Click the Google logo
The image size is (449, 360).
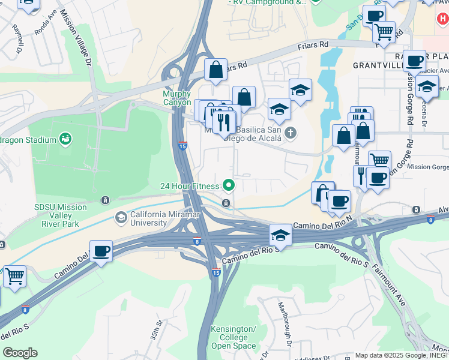(20, 353)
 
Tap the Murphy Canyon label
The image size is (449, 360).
(177, 98)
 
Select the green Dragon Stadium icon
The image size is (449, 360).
(66, 140)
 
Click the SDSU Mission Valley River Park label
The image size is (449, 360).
(60, 215)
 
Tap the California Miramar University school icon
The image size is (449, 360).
(121, 216)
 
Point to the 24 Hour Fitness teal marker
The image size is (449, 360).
(228, 185)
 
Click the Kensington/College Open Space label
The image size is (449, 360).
(234, 337)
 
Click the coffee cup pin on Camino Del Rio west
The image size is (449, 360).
(101, 251)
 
